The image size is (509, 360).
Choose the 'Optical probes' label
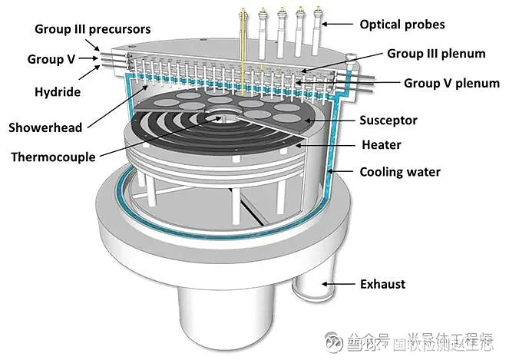402,25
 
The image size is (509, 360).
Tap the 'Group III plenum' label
436,54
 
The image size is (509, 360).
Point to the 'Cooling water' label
400,172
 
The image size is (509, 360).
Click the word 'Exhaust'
382,285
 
